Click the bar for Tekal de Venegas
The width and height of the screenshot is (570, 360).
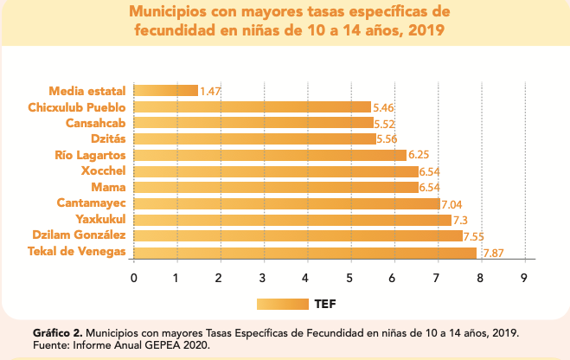(x=304, y=253)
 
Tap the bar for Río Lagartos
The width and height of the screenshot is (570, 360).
(x=270, y=156)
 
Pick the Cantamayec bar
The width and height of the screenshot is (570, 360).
(x=287, y=204)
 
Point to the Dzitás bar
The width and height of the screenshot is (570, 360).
(x=255, y=139)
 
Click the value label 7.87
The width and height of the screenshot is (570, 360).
(x=493, y=254)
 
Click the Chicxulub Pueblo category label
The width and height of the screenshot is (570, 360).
(x=77, y=107)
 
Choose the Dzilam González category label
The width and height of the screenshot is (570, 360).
(x=79, y=236)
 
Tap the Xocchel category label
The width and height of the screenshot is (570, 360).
(x=103, y=171)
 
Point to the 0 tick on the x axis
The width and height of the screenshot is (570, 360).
(x=133, y=278)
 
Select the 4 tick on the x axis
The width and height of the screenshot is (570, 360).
(x=307, y=278)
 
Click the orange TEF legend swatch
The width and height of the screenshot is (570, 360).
(x=282, y=304)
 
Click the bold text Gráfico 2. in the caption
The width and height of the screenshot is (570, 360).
(x=57, y=332)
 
